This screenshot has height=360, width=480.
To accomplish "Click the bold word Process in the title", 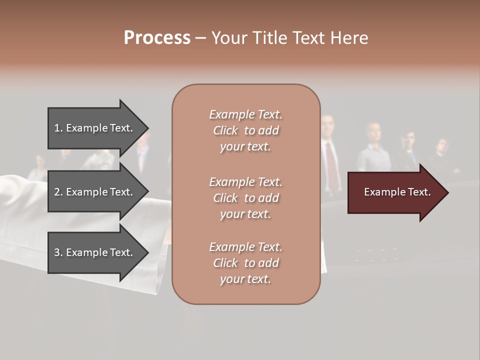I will coord(157,38).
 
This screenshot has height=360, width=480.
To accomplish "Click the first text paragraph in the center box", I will coord(245,130).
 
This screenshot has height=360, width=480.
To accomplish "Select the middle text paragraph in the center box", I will coord(245,198).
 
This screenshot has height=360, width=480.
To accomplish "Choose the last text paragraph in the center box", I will coord(245,263).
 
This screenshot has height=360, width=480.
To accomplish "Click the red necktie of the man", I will coord(331,165).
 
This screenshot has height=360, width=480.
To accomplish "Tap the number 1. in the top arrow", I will coord(58,128).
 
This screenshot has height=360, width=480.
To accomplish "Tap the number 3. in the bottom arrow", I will coord(58,252).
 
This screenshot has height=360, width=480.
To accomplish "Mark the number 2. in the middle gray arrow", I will coord(58,192).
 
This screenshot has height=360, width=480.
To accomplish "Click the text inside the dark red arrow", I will coord(397,192).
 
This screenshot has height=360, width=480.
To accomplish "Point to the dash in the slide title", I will coord(200,38).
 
